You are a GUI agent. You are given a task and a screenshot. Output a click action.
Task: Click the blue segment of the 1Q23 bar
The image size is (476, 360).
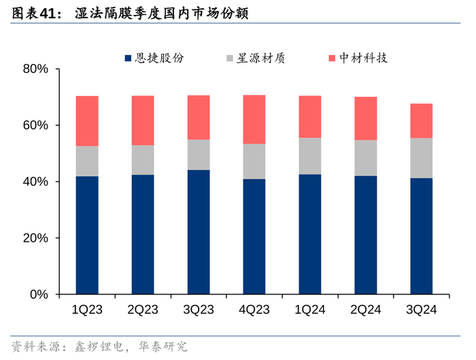coord(87,235)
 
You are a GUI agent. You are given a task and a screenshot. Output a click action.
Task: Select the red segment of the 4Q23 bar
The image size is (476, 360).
coord(254,119)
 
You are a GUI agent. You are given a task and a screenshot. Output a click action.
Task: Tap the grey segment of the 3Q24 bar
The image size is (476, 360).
coord(422,158)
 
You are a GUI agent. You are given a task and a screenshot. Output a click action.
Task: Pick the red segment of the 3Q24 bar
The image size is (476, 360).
coord(422,120)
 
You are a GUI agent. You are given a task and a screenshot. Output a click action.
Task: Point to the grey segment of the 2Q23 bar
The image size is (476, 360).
coord(143,160)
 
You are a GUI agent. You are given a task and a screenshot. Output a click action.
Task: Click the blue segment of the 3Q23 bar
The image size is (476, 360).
coord(199,232)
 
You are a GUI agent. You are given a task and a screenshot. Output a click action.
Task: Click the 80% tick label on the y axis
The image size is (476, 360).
coord(35,69)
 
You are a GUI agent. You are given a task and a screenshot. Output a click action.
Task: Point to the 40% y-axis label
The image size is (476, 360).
coord(35,182)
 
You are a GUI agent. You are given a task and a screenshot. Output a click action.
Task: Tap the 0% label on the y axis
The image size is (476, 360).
coord(38,295)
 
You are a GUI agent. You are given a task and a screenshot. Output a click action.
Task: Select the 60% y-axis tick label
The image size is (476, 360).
coord(35,126)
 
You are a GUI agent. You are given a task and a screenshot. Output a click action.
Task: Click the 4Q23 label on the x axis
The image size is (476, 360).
coord(254,310)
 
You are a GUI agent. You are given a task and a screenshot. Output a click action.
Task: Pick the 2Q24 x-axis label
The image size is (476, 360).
coord(366,310)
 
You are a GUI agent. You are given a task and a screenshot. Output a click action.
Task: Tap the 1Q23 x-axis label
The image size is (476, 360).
coord(87,310)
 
